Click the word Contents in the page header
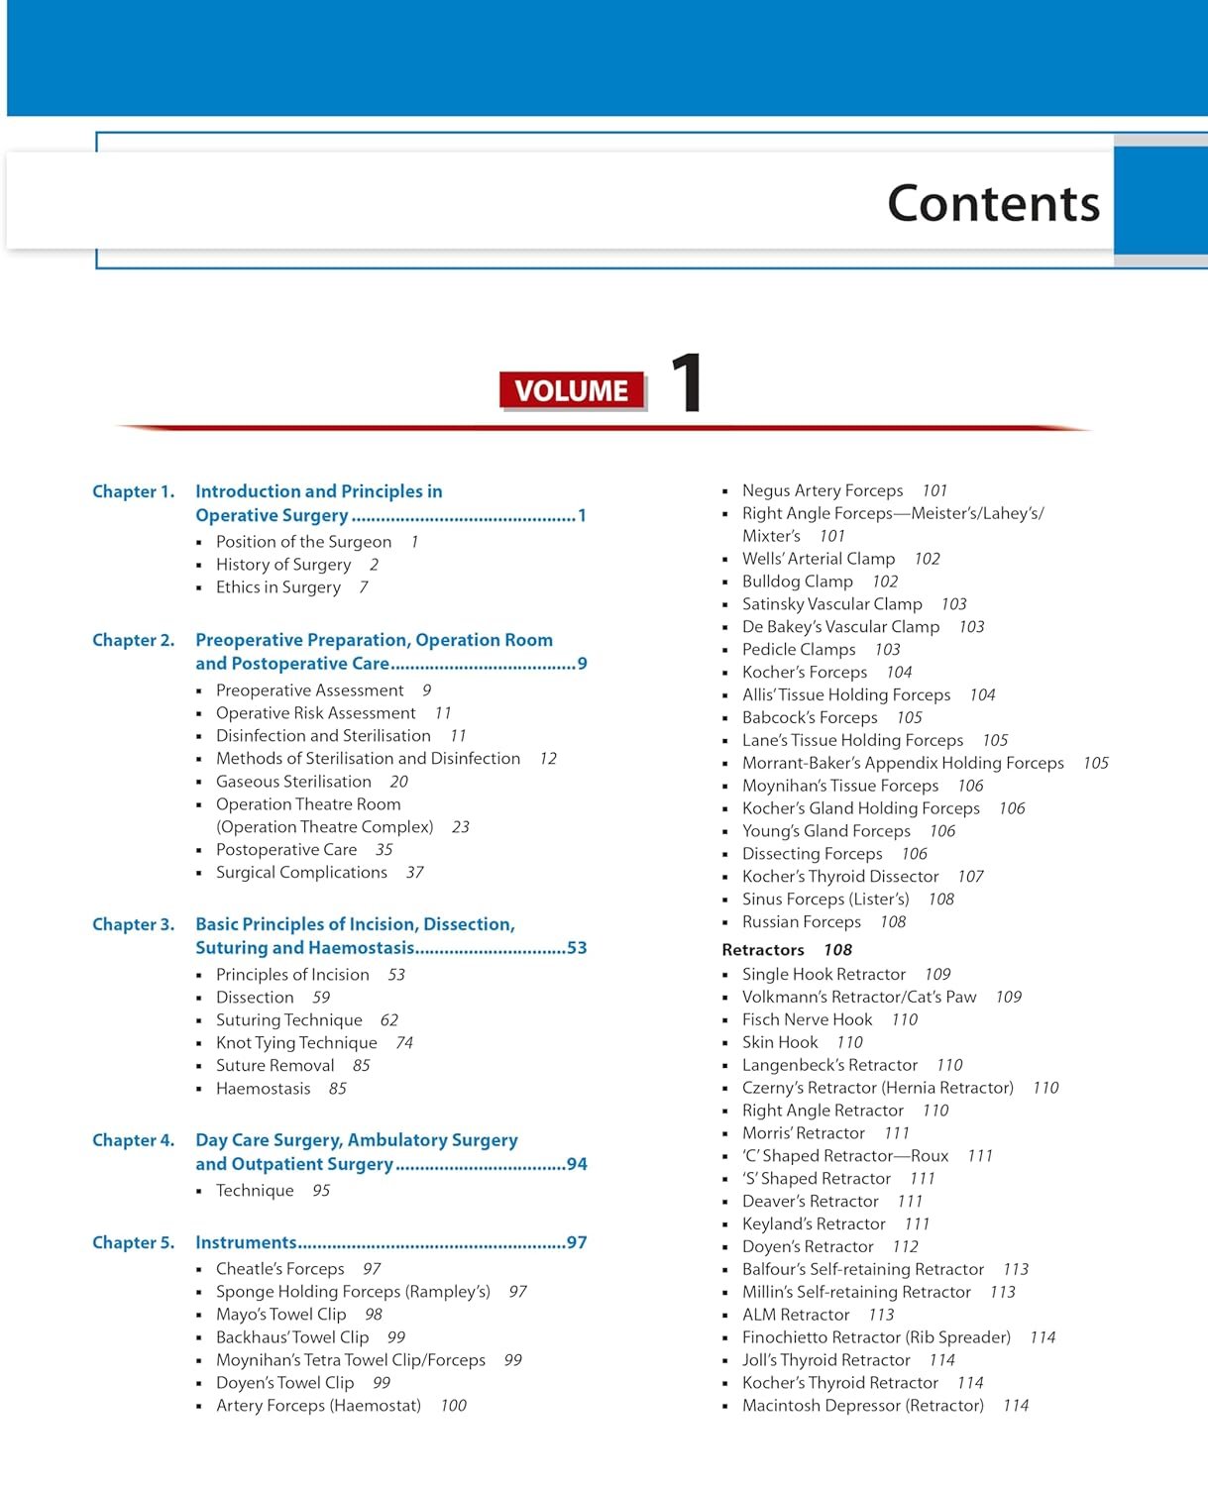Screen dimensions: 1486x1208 993,204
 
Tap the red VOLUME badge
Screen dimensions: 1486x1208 572,390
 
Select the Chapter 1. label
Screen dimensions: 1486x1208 133,491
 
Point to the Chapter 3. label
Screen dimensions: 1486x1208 133,924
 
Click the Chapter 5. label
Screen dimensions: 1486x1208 133,1242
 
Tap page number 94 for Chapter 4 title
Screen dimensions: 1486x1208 577,1164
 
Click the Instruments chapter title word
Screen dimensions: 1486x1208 246,1242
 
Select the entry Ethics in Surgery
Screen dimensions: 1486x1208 278,587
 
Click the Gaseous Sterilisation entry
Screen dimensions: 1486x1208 293,782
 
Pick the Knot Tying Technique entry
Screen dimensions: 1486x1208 296,1043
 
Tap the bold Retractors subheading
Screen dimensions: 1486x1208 763,950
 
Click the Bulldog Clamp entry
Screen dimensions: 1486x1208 798,582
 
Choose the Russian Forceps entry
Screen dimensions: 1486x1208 802,922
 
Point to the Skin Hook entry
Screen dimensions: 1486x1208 780,1042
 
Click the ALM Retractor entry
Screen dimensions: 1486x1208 796,1315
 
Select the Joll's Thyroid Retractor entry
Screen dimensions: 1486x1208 825,1360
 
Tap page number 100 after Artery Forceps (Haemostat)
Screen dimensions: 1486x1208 454,1406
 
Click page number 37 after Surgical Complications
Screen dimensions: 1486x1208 414,873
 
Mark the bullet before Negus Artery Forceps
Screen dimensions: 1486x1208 725,491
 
